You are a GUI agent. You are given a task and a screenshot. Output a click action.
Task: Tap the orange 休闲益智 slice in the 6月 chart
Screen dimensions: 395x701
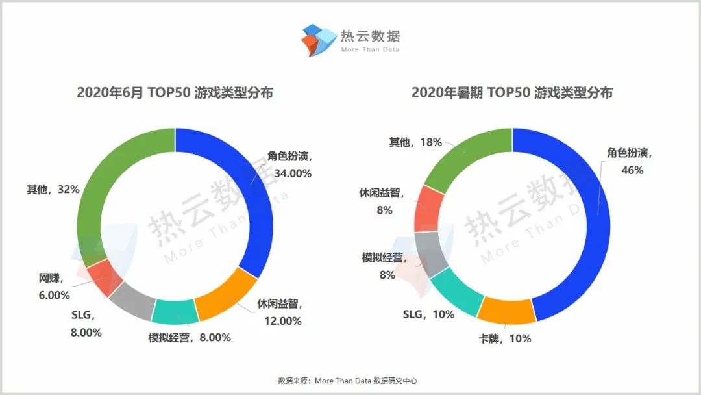227,296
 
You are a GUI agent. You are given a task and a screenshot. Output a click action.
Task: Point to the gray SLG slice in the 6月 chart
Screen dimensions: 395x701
132,301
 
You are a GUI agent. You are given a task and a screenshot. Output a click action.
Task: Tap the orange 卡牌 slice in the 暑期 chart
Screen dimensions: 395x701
506,310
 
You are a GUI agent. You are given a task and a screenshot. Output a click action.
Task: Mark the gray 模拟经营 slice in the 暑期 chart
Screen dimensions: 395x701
432,253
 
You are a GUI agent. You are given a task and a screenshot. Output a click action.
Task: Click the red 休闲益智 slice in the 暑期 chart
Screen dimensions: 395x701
429,208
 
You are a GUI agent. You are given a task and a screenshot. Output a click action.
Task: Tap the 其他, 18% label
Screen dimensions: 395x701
415,142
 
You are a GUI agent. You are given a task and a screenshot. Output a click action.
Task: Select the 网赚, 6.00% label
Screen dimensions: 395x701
54,287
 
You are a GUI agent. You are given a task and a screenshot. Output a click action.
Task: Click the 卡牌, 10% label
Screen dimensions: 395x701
504,338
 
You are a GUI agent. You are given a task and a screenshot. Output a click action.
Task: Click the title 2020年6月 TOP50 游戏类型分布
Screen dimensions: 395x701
175,93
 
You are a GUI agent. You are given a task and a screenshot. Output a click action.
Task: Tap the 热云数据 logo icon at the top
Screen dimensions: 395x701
317,39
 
